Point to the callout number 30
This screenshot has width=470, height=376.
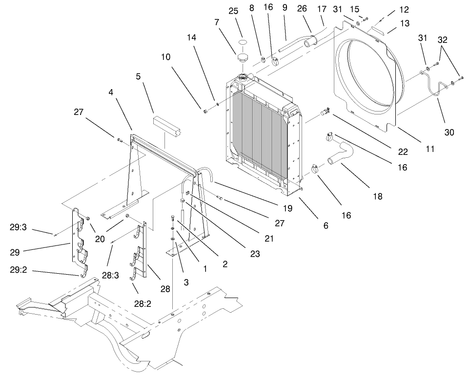[449, 132]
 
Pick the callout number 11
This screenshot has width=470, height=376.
[430, 149]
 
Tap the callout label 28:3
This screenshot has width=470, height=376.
[110, 275]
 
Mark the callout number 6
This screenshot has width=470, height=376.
[326, 226]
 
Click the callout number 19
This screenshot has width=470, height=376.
[287, 208]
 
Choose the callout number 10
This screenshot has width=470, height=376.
[166, 57]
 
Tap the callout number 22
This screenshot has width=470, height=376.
[403, 152]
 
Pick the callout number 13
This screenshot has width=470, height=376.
[405, 23]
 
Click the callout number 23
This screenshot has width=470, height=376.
[255, 253]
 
